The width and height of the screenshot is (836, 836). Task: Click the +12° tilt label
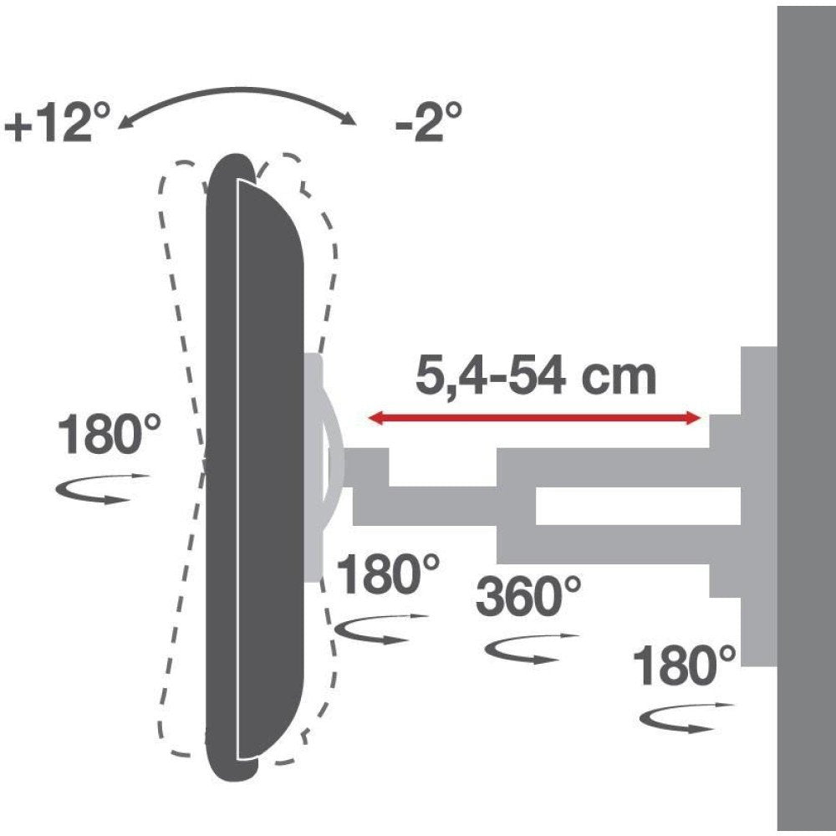pos(57,126)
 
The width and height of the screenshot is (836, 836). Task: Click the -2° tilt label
pos(429,124)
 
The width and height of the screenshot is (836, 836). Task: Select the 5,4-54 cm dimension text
pos(535,377)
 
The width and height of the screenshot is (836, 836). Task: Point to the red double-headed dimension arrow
pos(535,418)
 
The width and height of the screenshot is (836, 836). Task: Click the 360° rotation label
pos(528,597)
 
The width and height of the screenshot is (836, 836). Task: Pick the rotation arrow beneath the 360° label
pos(532,649)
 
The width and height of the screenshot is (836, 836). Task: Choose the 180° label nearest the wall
pos(685,666)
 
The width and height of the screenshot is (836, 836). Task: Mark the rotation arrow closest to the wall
pos(686,719)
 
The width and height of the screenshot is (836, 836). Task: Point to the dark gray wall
pos(806,418)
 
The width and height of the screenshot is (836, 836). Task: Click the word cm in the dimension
pos(621,378)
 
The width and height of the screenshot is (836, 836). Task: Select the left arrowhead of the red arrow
pos(375,418)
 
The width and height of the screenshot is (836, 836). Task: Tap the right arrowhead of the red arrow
pos(693,418)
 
